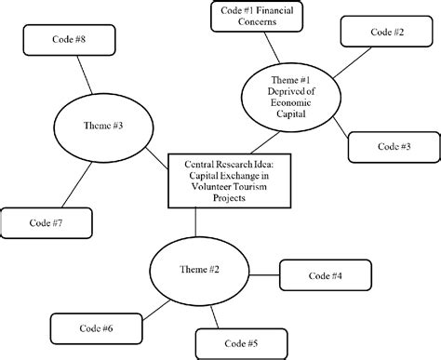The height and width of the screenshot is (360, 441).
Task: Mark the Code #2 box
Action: tap(386, 33)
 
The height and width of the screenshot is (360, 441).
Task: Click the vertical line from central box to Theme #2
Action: tap(196, 224)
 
